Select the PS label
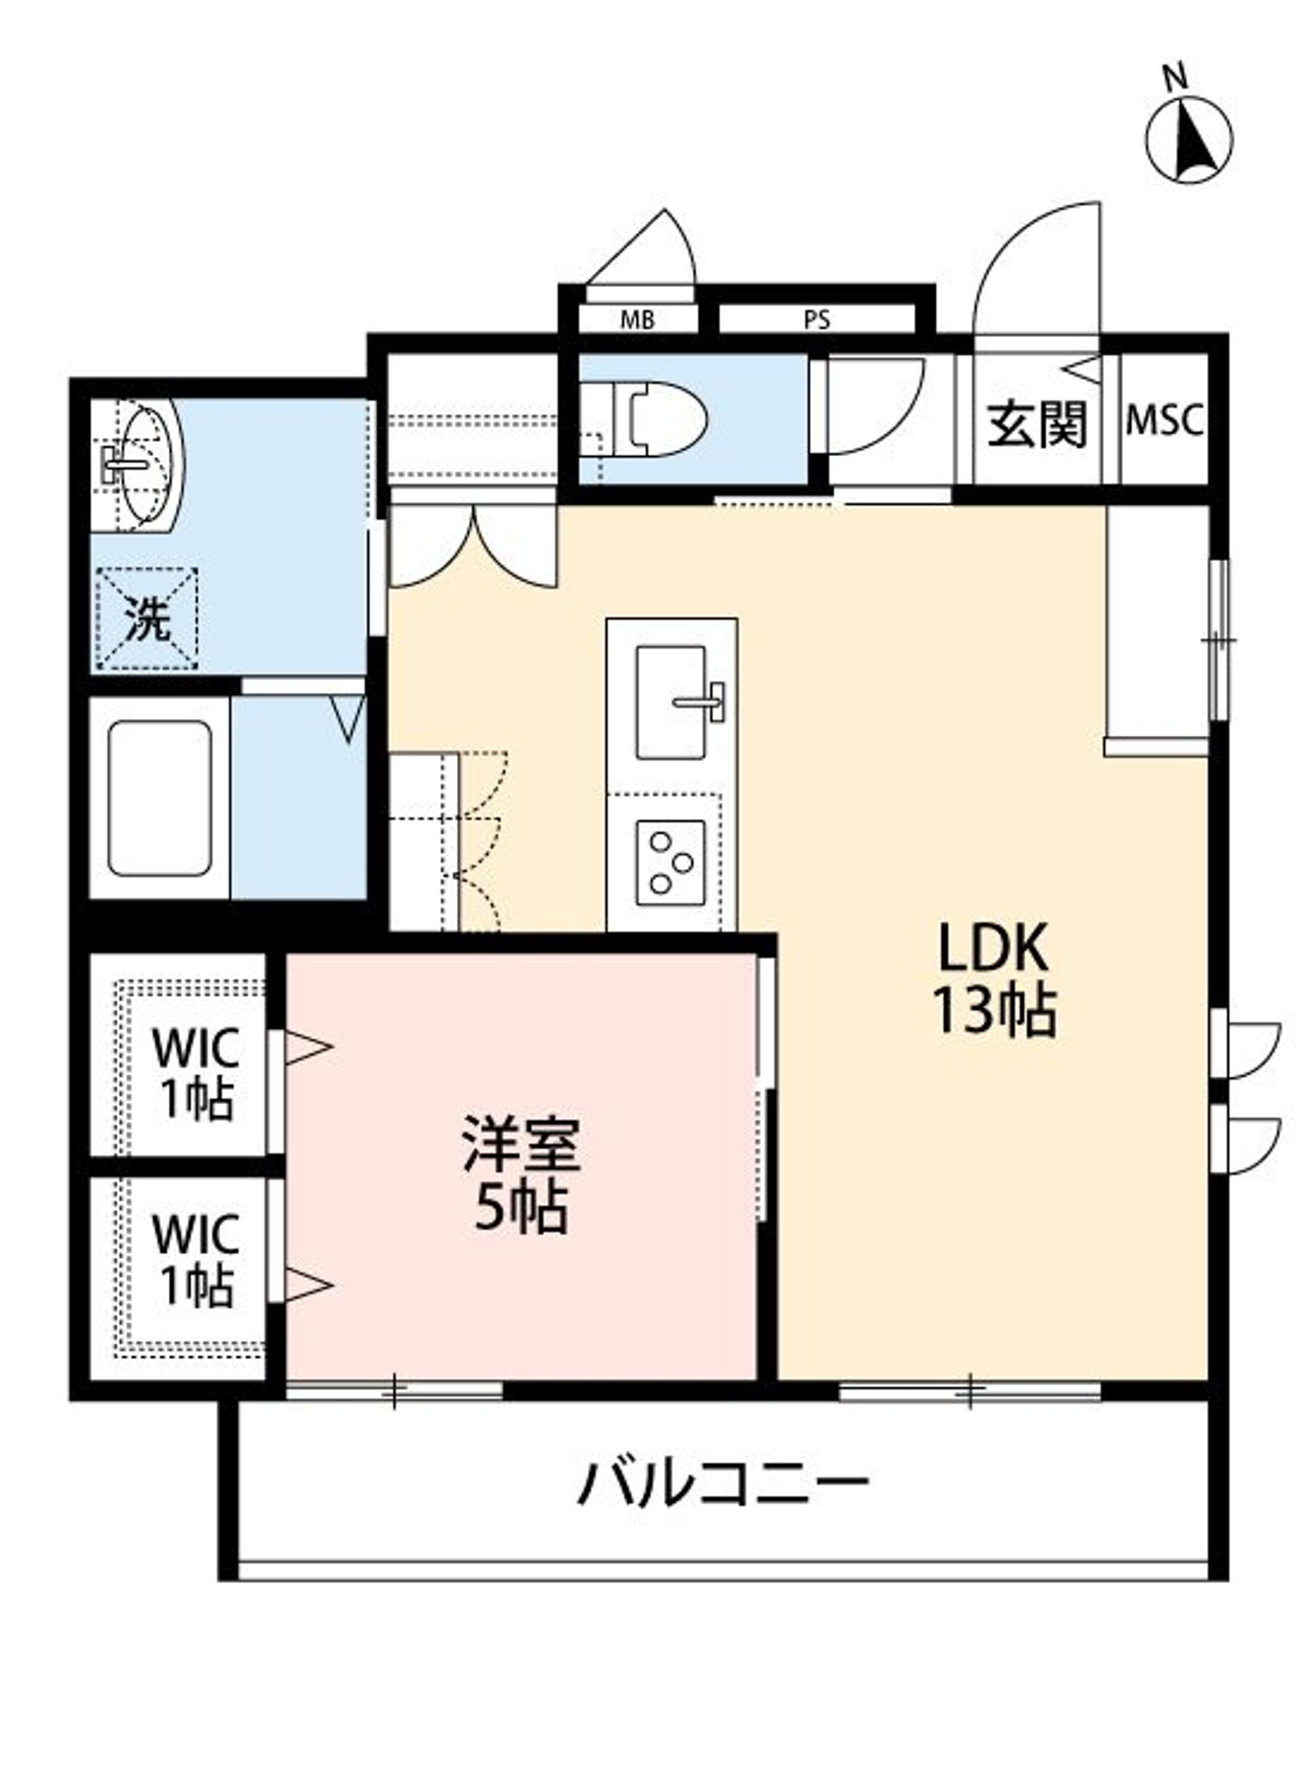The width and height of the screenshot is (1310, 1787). [817, 321]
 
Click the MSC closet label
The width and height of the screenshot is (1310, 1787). [1164, 420]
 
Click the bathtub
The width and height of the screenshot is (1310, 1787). [159, 798]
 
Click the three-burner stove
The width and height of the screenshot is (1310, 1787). [671, 862]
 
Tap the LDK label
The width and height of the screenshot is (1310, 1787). [993, 947]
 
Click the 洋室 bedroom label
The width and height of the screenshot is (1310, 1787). [522, 1144]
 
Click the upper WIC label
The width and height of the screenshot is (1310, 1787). [196, 1049]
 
